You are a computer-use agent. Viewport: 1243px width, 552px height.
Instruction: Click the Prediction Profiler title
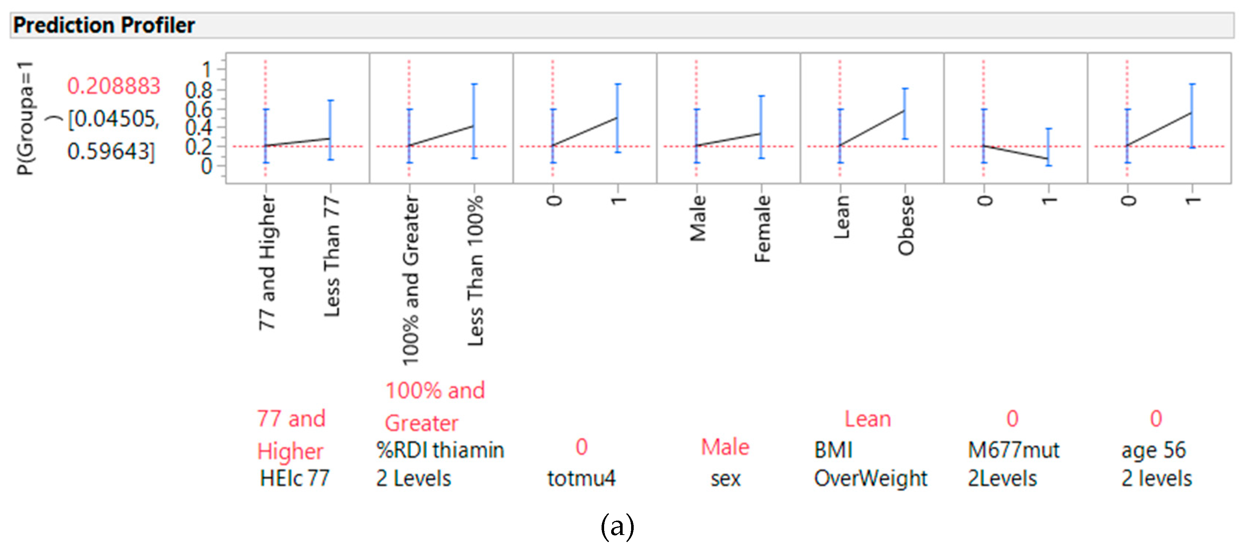pyautogui.click(x=104, y=25)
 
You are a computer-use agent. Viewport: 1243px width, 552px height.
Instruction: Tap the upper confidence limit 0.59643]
pyautogui.click(x=111, y=152)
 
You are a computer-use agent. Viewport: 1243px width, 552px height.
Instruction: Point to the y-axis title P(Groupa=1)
pyautogui.click(x=25, y=118)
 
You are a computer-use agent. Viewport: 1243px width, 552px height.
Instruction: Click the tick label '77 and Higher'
pyautogui.click(x=267, y=263)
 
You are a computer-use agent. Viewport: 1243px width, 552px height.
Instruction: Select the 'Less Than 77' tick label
pyautogui.click(x=332, y=257)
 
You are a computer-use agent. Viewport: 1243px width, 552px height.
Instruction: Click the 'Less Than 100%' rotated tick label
pyautogui.click(x=475, y=270)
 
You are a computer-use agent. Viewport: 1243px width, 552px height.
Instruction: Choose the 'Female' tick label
pyautogui.click(x=762, y=229)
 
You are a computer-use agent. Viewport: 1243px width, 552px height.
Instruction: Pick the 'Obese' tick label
pyautogui.click(x=906, y=225)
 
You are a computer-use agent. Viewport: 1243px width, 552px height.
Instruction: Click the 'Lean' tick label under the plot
pyautogui.click(x=841, y=217)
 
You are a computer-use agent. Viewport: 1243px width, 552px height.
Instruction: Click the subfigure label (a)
pyautogui.click(x=617, y=527)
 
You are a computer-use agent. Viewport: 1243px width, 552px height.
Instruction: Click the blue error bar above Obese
pyautogui.click(x=905, y=114)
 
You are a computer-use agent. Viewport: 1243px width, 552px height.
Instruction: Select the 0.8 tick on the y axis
pyautogui.click(x=199, y=90)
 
